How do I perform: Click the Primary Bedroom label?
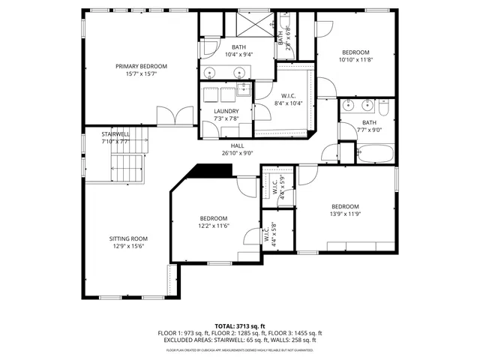(141, 67)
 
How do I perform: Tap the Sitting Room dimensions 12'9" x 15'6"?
(127, 246)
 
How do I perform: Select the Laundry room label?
(226, 111)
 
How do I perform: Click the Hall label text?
(238, 145)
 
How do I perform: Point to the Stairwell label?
(115, 133)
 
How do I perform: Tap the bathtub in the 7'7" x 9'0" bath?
(373, 154)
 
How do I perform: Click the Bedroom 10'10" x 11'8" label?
(355, 52)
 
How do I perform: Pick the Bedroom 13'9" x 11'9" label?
(346, 206)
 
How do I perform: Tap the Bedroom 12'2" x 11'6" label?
(213, 218)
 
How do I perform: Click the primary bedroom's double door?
(175, 117)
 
